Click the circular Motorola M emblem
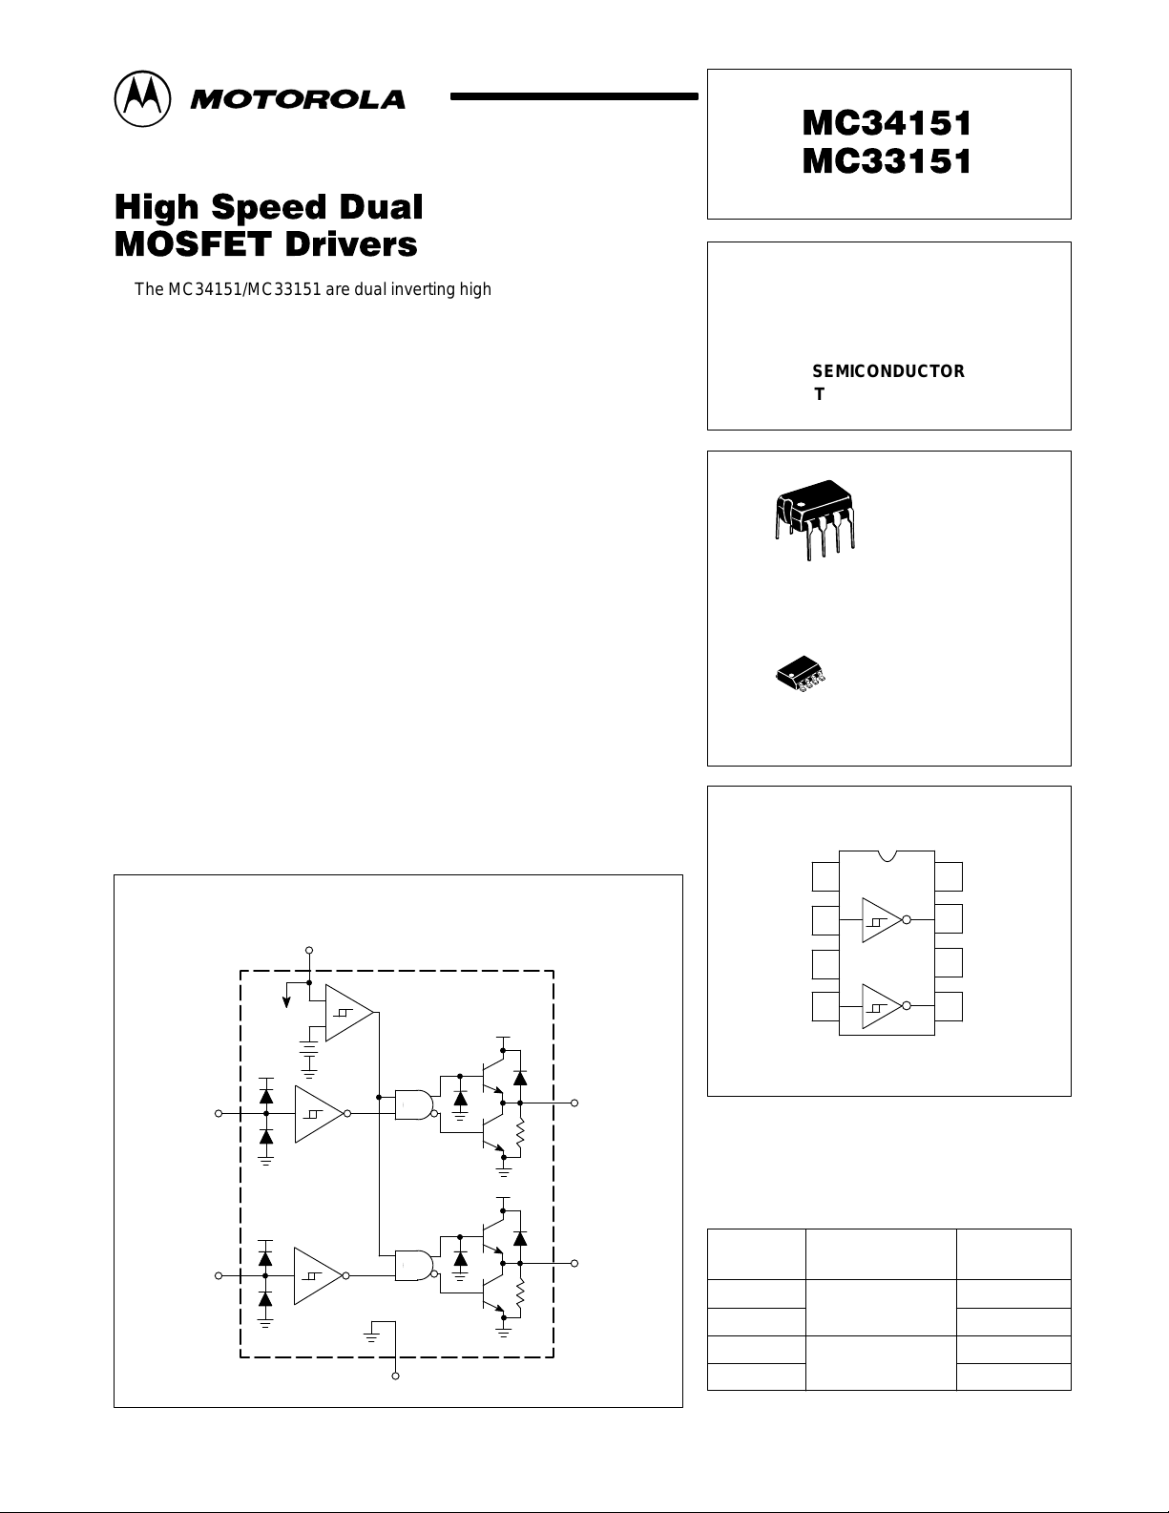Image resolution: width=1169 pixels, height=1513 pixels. (x=143, y=98)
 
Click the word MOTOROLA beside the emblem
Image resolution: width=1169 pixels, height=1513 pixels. (x=297, y=99)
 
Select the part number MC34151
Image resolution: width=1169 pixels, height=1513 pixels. (x=887, y=123)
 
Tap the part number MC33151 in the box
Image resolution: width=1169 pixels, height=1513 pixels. (x=887, y=161)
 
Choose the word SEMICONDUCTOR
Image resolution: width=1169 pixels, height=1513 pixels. (x=887, y=371)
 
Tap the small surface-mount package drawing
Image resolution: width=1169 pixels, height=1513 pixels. (x=800, y=673)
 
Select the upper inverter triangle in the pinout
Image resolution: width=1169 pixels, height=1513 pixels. (x=881, y=920)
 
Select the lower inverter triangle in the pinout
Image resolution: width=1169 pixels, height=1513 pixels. (x=881, y=1006)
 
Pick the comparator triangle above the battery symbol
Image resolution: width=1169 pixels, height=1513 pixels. (x=348, y=1012)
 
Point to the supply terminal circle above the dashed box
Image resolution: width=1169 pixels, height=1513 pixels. (x=308, y=951)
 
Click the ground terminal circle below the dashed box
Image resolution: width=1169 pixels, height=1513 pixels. (x=396, y=1376)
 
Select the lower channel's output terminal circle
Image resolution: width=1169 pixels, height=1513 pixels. (x=574, y=1263)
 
